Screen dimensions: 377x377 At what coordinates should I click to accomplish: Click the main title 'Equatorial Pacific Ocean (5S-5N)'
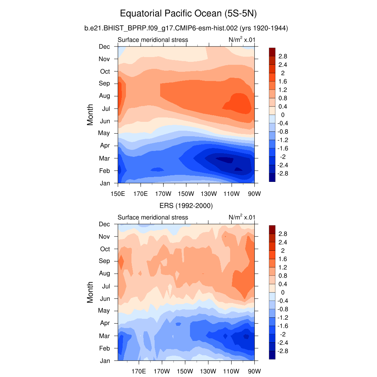[188, 14]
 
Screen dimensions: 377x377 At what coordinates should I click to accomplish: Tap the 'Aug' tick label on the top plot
[105, 96]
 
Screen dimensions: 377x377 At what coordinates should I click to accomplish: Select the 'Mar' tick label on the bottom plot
[105, 336]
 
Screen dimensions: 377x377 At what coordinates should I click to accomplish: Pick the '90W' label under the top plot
[254, 193]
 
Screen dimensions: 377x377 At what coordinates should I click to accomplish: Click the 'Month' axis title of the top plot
[90, 114]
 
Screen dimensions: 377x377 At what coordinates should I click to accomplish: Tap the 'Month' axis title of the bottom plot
[90, 292]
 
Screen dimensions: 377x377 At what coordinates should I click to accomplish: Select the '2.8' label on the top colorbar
[283, 56]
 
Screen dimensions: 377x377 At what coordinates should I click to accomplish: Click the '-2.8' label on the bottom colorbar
[282, 351]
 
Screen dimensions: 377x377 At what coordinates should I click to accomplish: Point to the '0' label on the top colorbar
[283, 115]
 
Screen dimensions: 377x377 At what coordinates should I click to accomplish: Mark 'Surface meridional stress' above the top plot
[153, 40]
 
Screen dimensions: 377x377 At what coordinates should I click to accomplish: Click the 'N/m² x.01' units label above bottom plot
[242, 217]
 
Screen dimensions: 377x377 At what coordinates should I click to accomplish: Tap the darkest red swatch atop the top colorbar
[272, 52]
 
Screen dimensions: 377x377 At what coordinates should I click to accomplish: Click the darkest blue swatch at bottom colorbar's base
[272, 355]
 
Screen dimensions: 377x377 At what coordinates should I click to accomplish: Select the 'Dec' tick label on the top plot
[105, 46]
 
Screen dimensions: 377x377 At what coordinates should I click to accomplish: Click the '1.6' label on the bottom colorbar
[283, 259]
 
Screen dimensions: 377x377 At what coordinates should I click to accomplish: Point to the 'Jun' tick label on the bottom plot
[105, 298]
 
